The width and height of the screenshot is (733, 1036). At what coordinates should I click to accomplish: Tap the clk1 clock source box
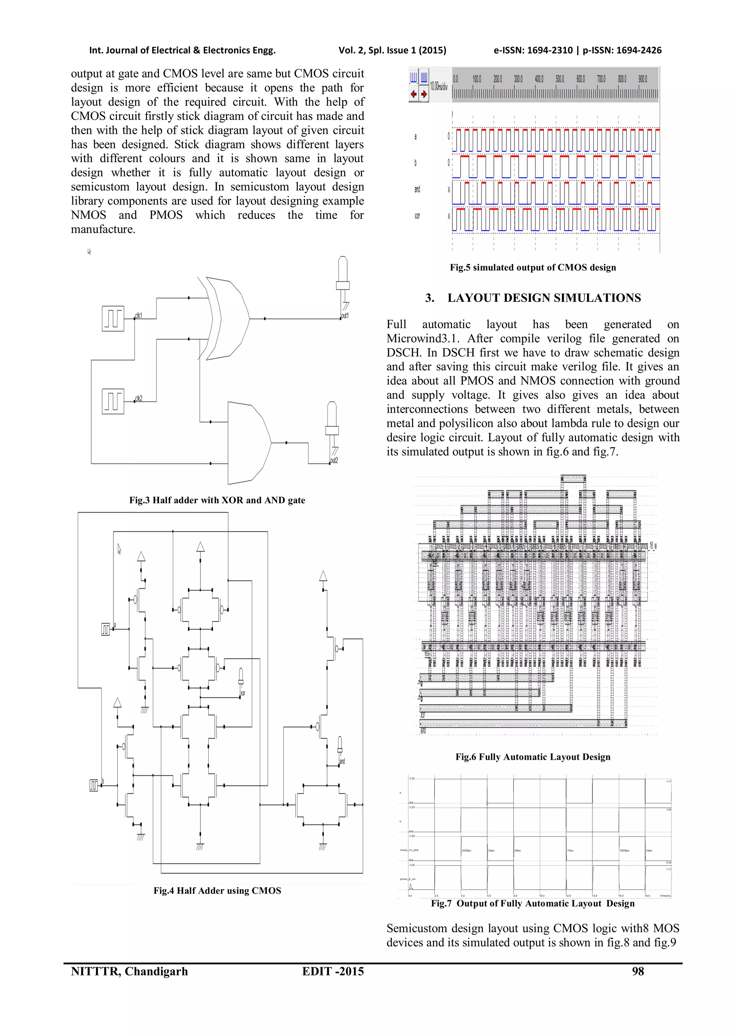pos(113,318)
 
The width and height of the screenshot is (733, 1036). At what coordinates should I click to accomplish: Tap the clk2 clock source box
pos(113,401)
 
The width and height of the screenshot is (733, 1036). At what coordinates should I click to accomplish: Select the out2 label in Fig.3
pos(334,461)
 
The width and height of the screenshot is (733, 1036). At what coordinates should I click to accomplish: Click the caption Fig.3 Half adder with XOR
pos(217,500)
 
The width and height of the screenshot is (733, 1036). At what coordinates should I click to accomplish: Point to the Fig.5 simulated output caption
pos(533,267)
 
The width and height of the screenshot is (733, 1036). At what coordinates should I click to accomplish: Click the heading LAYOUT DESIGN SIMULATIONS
pos(544,298)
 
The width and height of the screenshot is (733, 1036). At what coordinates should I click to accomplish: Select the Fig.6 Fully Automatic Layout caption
pos(533,757)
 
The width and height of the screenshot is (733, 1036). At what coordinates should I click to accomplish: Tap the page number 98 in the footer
pos(638,971)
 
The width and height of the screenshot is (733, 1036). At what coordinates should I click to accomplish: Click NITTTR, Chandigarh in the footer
pos(129,971)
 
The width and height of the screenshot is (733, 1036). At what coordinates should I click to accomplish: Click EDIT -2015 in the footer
pos(332,971)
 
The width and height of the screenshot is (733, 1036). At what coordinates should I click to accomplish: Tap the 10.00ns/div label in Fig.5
pos(438,86)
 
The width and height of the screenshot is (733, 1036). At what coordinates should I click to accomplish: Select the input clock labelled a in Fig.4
pos(106,629)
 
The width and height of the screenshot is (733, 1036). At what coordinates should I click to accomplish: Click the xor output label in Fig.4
pos(243,693)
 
